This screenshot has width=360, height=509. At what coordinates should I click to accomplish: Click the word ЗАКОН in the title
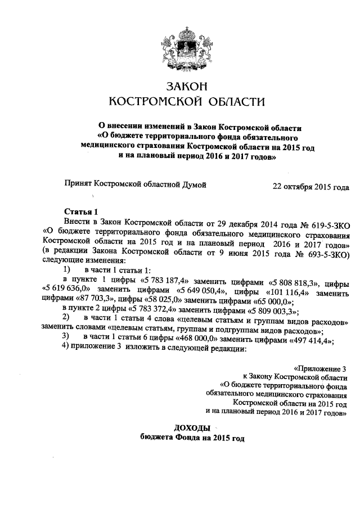click(x=186, y=86)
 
